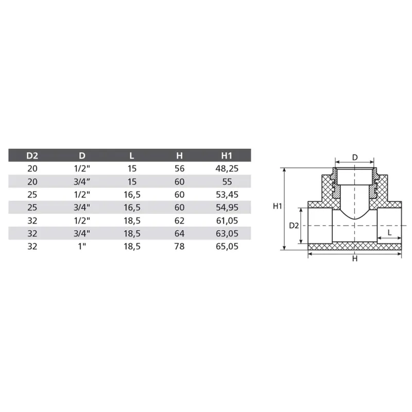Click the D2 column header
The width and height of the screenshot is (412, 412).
32,156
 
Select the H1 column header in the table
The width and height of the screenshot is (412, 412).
227,156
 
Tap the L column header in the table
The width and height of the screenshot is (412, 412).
132,156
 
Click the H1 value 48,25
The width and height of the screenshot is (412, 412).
227,168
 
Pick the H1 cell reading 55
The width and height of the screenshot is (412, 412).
227,182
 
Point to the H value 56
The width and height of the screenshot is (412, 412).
179,168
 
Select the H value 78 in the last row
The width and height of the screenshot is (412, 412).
179,247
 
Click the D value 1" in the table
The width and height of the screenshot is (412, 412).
82,247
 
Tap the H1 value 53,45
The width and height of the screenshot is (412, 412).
227,195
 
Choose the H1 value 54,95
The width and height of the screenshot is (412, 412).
227,208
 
